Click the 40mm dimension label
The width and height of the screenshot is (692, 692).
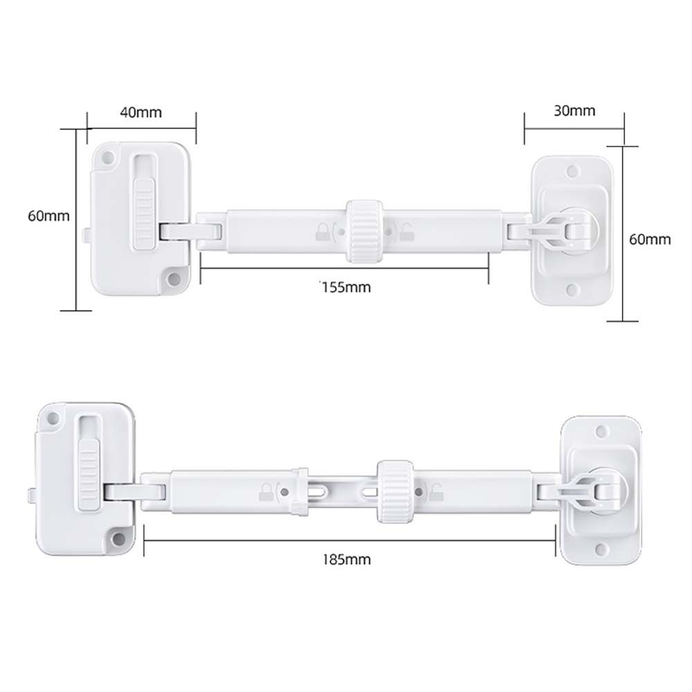click(140, 112)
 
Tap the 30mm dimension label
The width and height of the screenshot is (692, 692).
click(574, 110)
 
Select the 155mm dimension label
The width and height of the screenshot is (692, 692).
click(345, 287)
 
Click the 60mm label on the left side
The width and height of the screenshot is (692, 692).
click(48, 215)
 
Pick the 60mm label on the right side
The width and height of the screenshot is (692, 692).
click(650, 239)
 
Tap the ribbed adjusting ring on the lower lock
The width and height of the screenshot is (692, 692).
click(394, 490)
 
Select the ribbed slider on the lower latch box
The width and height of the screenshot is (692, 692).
click(89, 473)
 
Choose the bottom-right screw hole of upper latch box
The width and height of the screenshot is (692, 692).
click(174, 280)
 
